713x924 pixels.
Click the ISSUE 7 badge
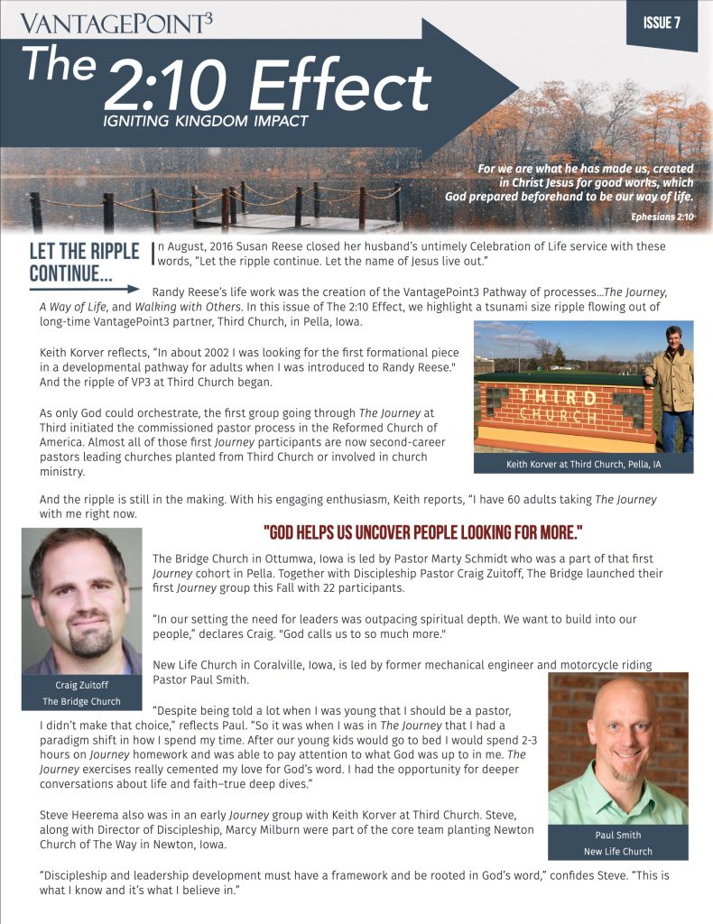pyautogui.click(x=662, y=23)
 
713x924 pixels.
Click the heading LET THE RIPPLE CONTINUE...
pyautogui.click(x=84, y=261)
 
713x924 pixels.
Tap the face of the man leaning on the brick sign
pyautogui.click(x=671, y=340)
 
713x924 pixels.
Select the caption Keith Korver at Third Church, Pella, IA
pyautogui.click(x=583, y=465)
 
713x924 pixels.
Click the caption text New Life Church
pyautogui.click(x=617, y=851)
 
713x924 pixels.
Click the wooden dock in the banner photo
pyautogui.click(x=271, y=221)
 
